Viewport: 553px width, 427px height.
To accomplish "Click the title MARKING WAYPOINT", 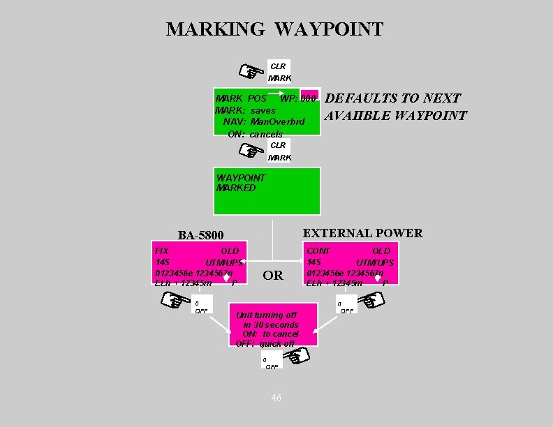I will (x=274, y=29).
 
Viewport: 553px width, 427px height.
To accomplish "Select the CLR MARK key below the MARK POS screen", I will (x=279, y=151).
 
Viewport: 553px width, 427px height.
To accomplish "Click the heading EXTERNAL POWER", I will (x=362, y=233).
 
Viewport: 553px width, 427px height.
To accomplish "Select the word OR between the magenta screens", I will (x=273, y=275).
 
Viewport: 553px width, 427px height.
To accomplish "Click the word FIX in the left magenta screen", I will (x=161, y=250).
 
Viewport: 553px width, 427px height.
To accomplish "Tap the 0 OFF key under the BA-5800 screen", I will (x=201, y=306).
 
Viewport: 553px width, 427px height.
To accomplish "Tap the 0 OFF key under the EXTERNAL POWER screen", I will (x=345, y=306).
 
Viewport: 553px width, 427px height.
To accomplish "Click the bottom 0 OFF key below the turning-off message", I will (x=271, y=362).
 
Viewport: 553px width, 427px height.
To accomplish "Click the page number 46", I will (x=276, y=398).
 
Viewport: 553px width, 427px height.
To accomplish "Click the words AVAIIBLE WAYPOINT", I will (x=395, y=115).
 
